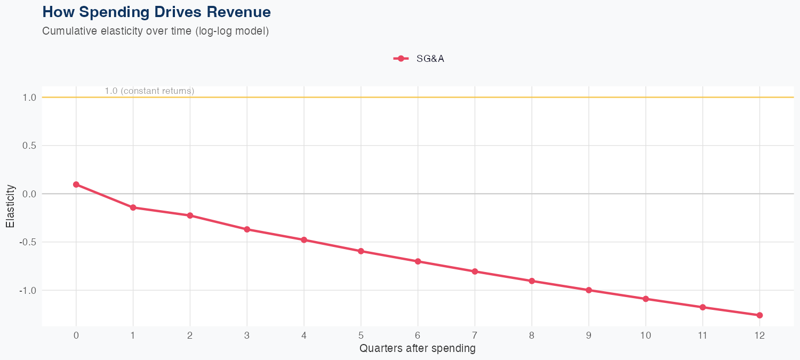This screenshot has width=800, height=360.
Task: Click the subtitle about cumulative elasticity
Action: (155, 31)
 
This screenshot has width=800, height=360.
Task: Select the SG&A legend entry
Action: (419, 59)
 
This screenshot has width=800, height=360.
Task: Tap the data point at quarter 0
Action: (76, 185)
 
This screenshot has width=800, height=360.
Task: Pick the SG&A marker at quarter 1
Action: (133, 207)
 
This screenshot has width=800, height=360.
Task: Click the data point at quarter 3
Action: (247, 229)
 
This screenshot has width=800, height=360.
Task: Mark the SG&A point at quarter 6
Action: (418, 261)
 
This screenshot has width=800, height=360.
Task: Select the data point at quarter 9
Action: (589, 290)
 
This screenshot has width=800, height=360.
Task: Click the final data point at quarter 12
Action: (759, 315)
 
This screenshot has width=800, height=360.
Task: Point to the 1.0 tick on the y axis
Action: (29, 98)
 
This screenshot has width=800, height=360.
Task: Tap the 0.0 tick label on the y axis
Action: (29, 194)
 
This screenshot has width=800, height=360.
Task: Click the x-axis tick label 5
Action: (361, 335)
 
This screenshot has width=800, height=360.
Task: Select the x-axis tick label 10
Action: (645, 335)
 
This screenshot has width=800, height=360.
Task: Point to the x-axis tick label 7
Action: (475, 335)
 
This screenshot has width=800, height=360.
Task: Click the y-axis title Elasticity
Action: (10, 206)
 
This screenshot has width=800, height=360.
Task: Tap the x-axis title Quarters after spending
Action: (418, 349)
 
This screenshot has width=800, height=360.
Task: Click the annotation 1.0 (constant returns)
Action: (149, 91)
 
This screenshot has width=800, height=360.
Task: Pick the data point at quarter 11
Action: (702, 307)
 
